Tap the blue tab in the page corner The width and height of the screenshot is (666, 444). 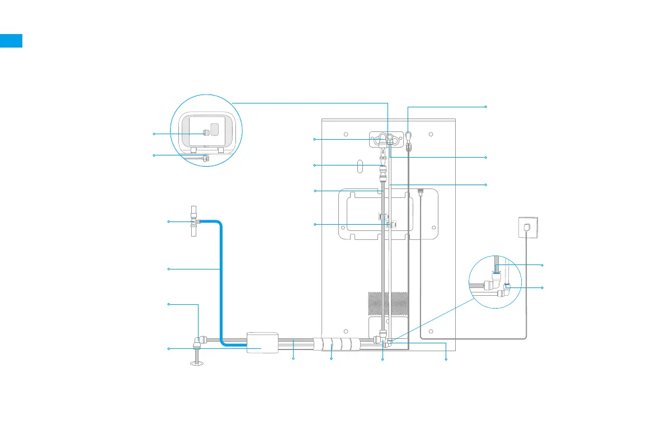pyautogui.click(x=11, y=40)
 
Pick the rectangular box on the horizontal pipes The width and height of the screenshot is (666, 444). pyautogui.click(x=262, y=342)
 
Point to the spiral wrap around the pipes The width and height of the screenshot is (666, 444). pyautogui.click(x=336, y=342)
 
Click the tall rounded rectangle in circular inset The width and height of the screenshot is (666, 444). pyautogui.click(x=214, y=130)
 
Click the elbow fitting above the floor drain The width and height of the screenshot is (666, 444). pyautogui.click(x=198, y=339)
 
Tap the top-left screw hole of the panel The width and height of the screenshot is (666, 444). pyautogui.click(x=346, y=134)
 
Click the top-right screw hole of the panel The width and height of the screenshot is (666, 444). pyautogui.click(x=432, y=134)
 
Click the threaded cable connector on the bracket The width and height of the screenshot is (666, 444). pyautogui.click(x=420, y=191)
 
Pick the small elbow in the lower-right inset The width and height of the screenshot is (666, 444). pyautogui.click(x=507, y=290)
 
